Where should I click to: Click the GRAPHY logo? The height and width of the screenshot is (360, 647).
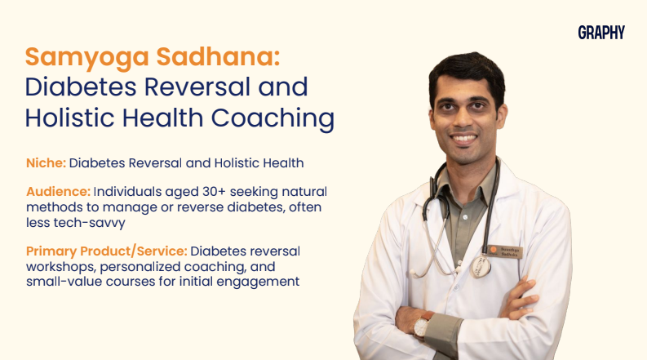(601, 33)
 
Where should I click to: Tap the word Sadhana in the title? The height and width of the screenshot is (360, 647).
(219, 56)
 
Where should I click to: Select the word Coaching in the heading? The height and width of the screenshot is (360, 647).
(273, 118)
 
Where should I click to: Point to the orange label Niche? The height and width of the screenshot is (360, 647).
(47, 163)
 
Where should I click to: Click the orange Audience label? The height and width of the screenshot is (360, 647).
(58, 192)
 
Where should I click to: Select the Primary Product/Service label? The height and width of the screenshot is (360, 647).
(106, 251)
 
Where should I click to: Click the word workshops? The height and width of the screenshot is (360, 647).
(62, 267)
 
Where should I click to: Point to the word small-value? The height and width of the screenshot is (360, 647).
(64, 282)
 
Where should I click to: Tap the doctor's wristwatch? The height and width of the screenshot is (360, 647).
(423, 326)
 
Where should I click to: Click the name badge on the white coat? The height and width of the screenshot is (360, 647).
(506, 251)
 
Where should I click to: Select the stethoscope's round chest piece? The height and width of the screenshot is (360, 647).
(481, 266)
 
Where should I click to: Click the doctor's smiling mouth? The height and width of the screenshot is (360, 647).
(464, 138)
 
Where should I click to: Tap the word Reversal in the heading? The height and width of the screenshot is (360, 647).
(197, 87)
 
